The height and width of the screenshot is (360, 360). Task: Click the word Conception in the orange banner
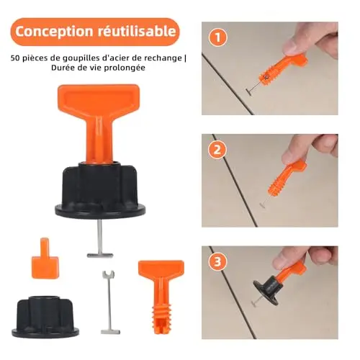54,32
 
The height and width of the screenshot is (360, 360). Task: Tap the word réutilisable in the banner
136,31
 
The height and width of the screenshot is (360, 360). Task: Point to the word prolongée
125,68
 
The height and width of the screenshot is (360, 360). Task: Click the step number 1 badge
217,37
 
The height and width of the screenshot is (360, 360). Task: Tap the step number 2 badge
217,150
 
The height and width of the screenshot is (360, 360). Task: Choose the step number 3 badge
217,261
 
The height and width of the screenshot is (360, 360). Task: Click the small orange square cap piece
45,261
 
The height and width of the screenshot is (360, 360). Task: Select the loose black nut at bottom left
45,317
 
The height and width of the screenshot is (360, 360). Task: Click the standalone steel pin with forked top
109,302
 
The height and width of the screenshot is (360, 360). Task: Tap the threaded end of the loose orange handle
161,318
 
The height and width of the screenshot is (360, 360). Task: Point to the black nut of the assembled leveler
100,189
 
